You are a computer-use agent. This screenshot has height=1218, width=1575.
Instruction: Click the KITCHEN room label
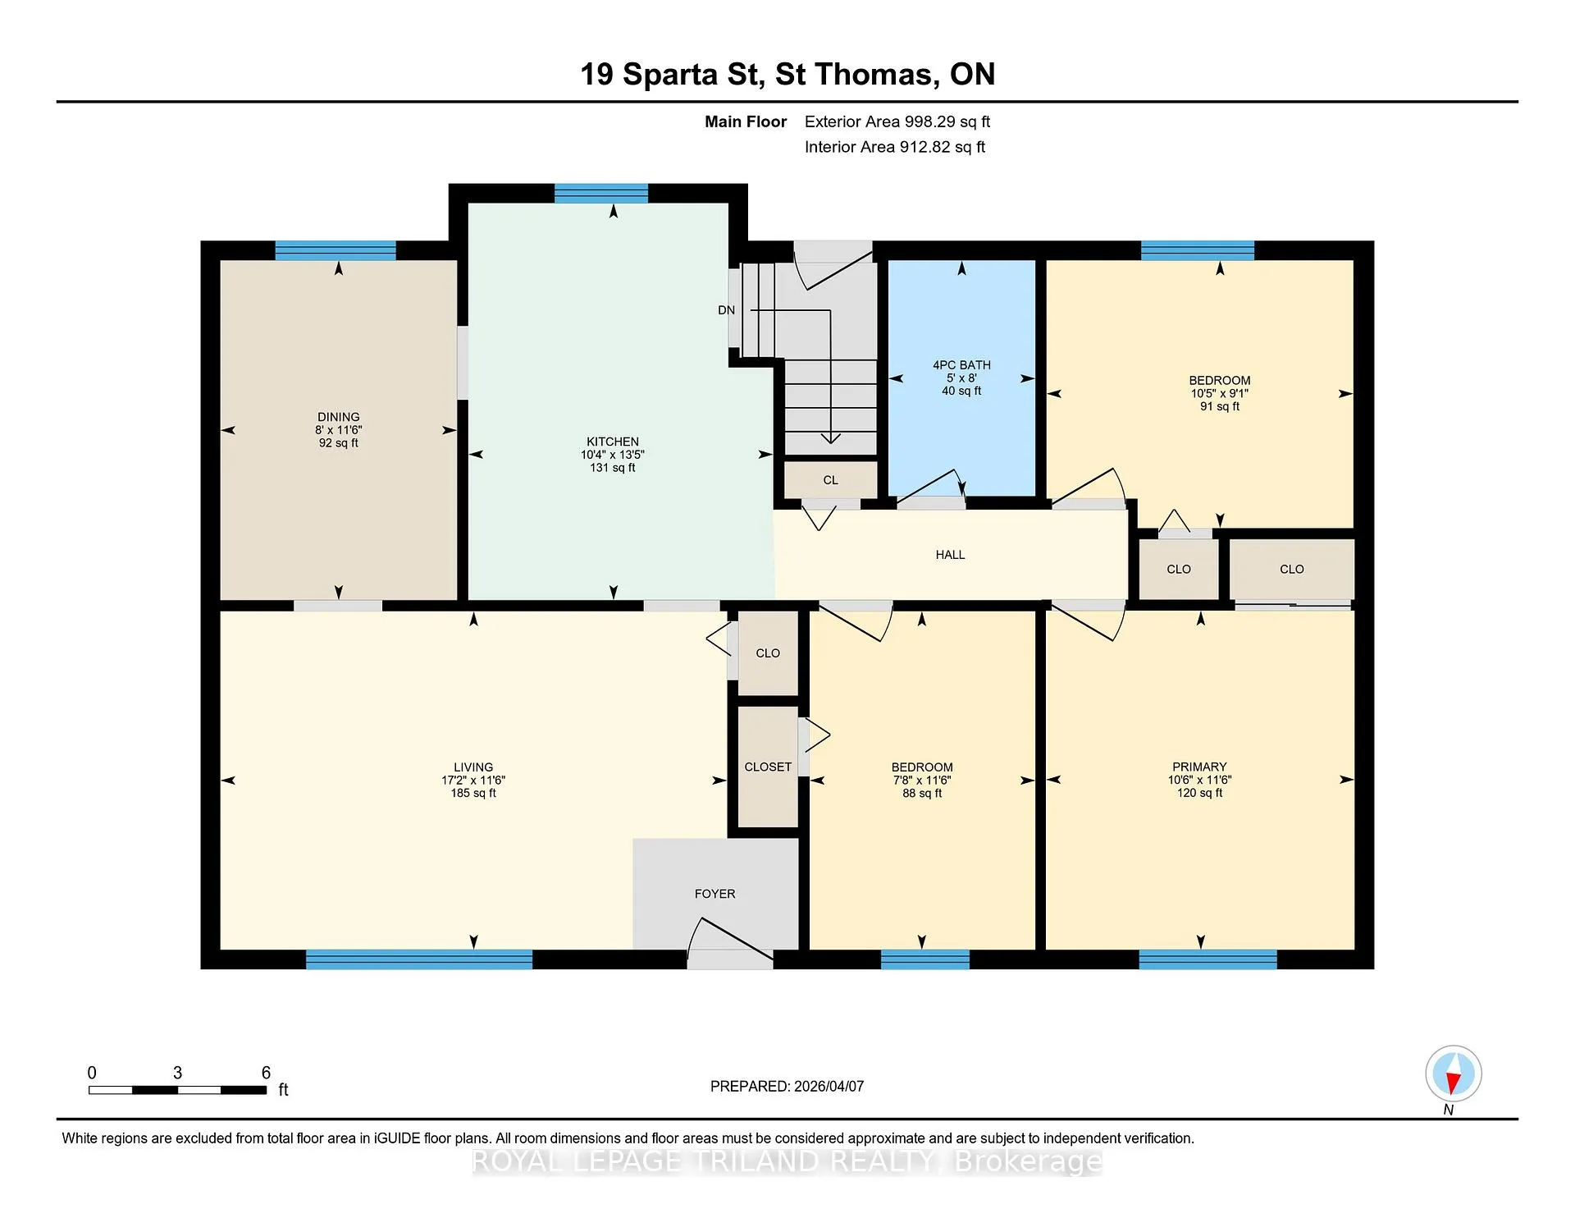[x=612, y=442]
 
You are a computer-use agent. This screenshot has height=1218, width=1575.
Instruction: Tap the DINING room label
[x=339, y=417]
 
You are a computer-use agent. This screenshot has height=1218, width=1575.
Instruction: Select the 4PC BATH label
[x=961, y=365]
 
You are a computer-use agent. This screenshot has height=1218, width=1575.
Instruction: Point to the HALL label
[x=950, y=555]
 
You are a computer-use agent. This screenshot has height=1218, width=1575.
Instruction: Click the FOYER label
[x=714, y=894]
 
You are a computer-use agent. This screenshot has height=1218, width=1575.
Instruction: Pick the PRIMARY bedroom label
[x=1199, y=767]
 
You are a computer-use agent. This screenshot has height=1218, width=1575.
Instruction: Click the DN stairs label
[x=726, y=310]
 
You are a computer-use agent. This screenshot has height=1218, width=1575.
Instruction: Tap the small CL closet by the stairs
[x=831, y=480]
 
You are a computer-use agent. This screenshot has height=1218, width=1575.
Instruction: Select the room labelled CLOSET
[x=768, y=767]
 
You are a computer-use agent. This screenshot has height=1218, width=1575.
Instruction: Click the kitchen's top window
[x=601, y=194]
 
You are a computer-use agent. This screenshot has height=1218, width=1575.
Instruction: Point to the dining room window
[x=336, y=250]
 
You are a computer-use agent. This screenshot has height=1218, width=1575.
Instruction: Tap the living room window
[x=419, y=959]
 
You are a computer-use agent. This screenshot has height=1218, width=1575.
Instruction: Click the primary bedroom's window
[x=1207, y=959]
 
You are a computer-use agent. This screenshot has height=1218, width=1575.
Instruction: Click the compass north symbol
[x=1454, y=1074]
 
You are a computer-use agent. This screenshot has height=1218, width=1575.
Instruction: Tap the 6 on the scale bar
[x=266, y=1073]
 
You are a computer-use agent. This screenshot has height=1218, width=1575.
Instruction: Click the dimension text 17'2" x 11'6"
[x=473, y=781]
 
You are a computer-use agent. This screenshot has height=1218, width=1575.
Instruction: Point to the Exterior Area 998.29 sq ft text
[x=897, y=121]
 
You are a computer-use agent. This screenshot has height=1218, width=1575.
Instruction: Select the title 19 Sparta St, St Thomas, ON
[x=787, y=75]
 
